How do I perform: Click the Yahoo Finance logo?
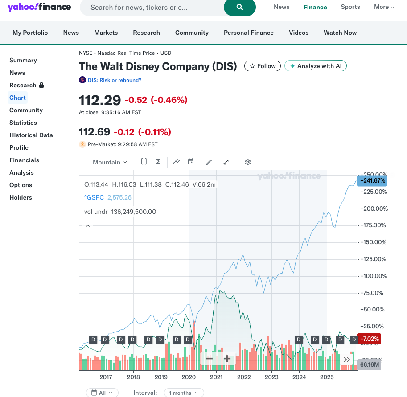click(x=39, y=7)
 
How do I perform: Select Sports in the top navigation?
click(x=350, y=7)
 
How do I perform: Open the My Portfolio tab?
click(x=30, y=33)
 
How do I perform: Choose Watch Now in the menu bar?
click(x=340, y=33)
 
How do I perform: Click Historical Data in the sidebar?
click(x=31, y=135)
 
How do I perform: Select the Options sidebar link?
click(x=21, y=185)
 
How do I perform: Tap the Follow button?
click(x=263, y=66)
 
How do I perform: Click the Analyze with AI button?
click(x=315, y=66)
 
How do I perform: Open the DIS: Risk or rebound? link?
click(x=115, y=80)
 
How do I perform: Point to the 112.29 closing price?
click(x=100, y=100)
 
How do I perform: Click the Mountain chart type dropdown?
click(x=110, y=162)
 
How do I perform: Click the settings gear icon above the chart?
click(x=248, y=162)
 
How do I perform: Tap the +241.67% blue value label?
click(x=372, y=180)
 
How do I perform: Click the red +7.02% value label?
click(x=369, y=339)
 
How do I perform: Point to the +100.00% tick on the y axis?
click(x=374, y=276)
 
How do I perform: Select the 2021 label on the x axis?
click(x=216, y=377)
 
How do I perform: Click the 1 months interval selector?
click(x=184, y=393)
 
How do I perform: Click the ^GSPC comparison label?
click(x=95, y=197)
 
